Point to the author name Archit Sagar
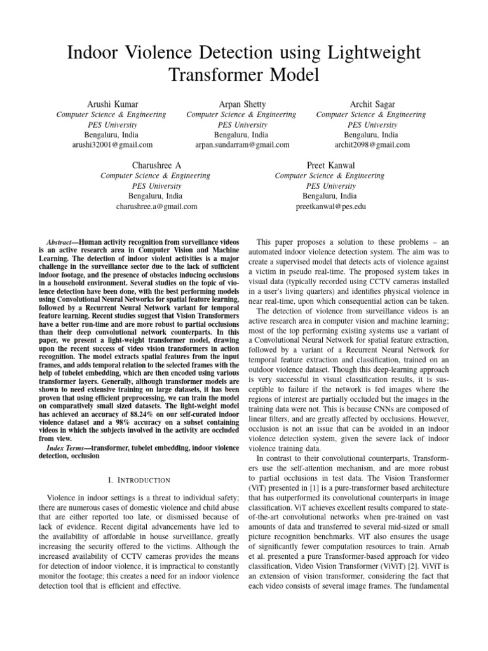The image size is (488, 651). tap(371, 104)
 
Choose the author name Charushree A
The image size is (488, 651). tap(156, 165)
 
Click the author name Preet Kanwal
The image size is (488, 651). tap(330, 165)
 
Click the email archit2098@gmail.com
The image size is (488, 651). tap(371, 145)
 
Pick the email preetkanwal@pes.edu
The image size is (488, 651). tap(330, 207)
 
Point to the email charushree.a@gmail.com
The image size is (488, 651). tap(156, 207)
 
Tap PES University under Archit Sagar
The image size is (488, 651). tap(371, 125)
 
